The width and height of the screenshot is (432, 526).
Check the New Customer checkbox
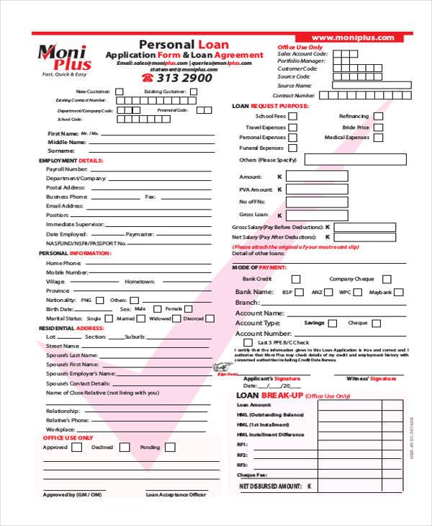120,92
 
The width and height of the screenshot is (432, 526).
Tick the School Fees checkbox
294,116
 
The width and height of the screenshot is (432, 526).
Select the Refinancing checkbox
378,116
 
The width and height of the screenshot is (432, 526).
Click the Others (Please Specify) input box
350,160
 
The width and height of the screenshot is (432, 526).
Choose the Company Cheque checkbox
387,279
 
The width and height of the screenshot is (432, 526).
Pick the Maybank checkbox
398,293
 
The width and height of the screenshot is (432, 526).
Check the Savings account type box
333,324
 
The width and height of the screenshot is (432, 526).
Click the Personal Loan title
184,45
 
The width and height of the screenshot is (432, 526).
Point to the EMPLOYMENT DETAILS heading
71,160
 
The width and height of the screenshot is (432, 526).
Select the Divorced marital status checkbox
211,318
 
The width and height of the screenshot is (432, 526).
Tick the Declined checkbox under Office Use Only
125,447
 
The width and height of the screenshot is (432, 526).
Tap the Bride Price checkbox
378,127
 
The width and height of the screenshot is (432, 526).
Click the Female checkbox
189,308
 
